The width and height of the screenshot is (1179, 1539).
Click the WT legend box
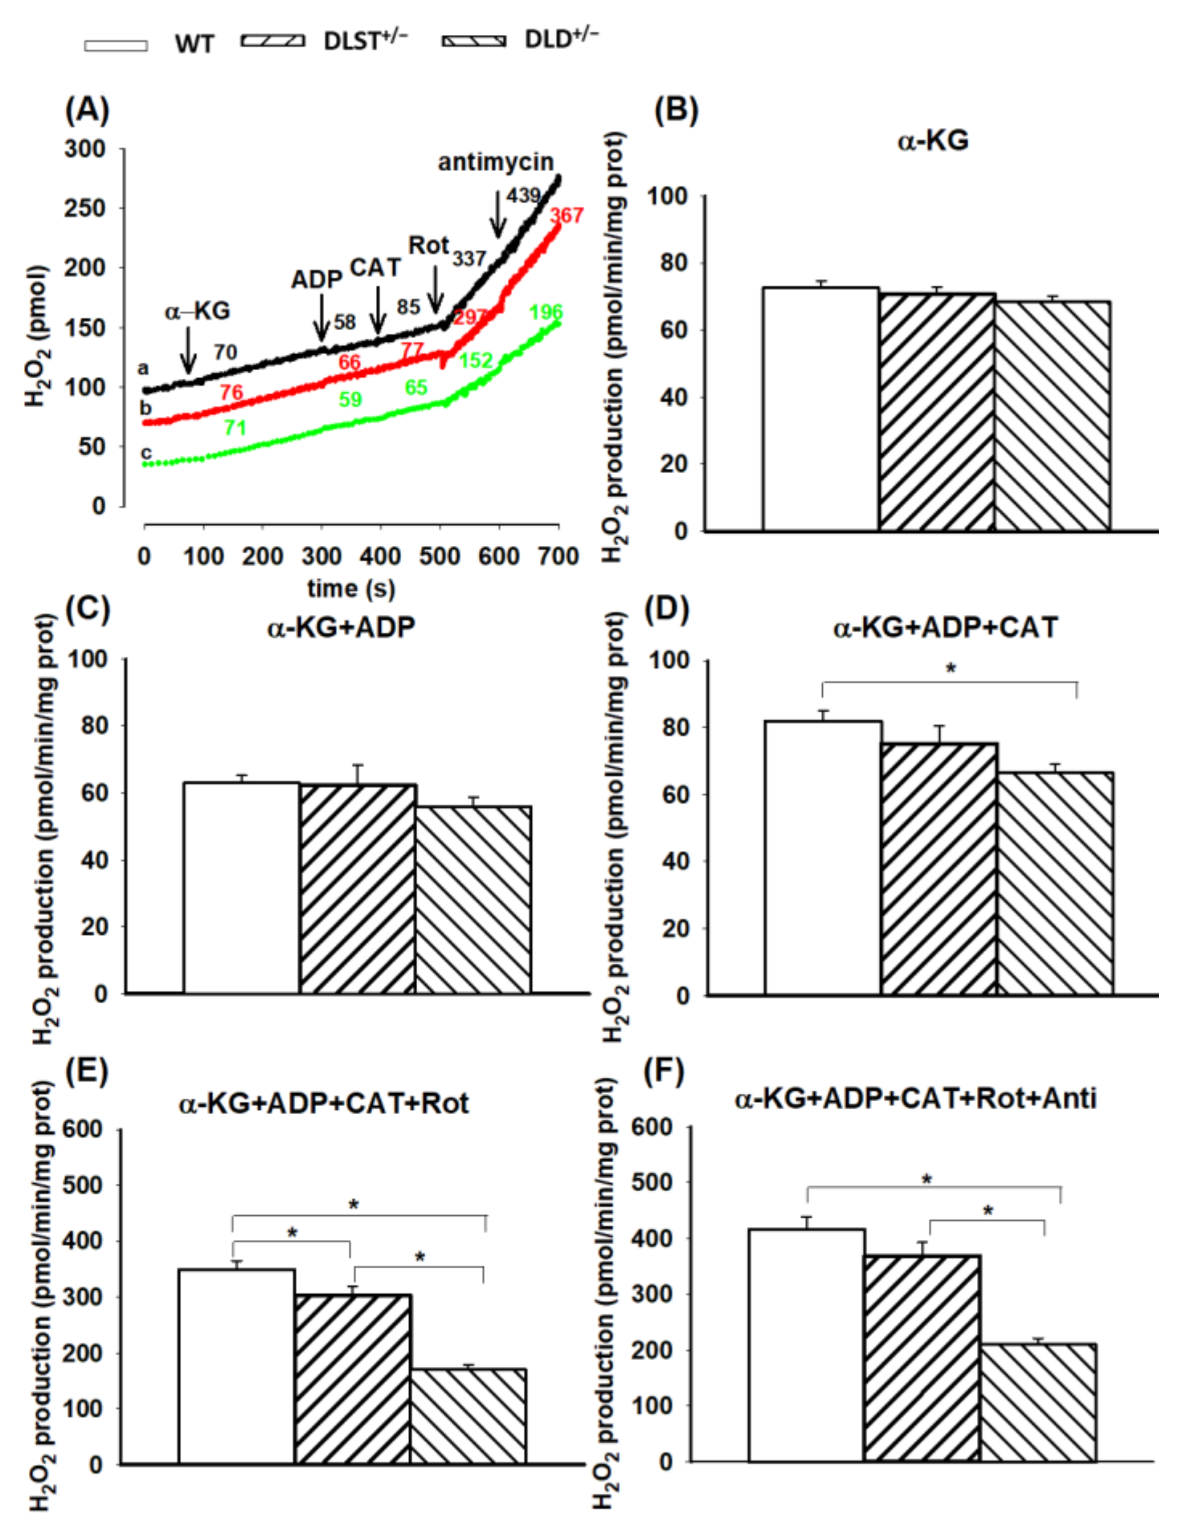[x=116, y=45]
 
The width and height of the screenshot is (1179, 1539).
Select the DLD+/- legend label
[x=562, y=39]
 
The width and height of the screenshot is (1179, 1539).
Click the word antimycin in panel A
[x=495, y=162]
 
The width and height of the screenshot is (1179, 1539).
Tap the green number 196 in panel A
[x=546, y=312]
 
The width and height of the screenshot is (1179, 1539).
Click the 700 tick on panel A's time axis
[x=558, y=557]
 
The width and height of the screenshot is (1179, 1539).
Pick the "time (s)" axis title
[x=351, y=588]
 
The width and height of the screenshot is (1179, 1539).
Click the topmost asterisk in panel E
[x=354, y=1206]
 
